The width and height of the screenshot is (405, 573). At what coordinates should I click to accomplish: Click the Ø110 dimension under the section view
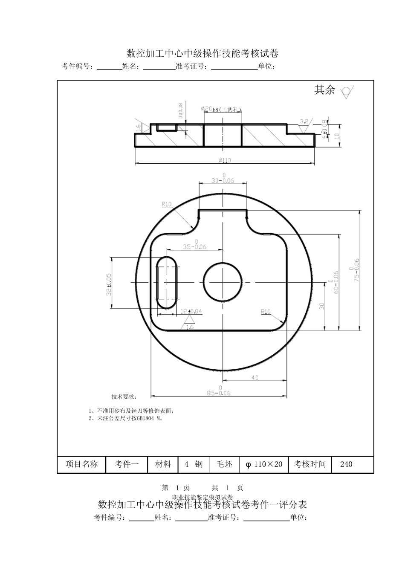point(224,160)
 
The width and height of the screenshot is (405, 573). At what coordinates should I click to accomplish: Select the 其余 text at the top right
point(325,90)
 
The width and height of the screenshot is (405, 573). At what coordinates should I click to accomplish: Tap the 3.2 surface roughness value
point(304,122)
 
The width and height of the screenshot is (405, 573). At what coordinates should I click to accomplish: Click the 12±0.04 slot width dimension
point(191,311)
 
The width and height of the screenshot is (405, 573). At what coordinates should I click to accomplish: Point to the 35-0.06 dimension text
point(194,246)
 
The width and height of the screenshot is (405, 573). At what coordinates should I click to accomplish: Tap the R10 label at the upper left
point(166,204)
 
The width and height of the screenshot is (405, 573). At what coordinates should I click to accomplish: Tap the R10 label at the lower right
point(266,312)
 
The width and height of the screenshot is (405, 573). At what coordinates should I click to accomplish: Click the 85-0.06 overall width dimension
point(219,393)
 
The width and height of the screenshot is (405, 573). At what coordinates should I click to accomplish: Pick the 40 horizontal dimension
point(255,377)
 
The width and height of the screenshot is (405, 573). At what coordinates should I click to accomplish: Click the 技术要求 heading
point(124,396)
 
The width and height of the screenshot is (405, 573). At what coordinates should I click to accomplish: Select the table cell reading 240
point(346,464)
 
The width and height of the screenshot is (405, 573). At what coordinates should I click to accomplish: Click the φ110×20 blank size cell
point(264,464)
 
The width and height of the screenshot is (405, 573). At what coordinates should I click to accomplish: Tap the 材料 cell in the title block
point(162,464)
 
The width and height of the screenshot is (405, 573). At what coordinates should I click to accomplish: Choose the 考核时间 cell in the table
point(310,464)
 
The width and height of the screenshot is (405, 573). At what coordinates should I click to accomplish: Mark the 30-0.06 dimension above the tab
point(223,180)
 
